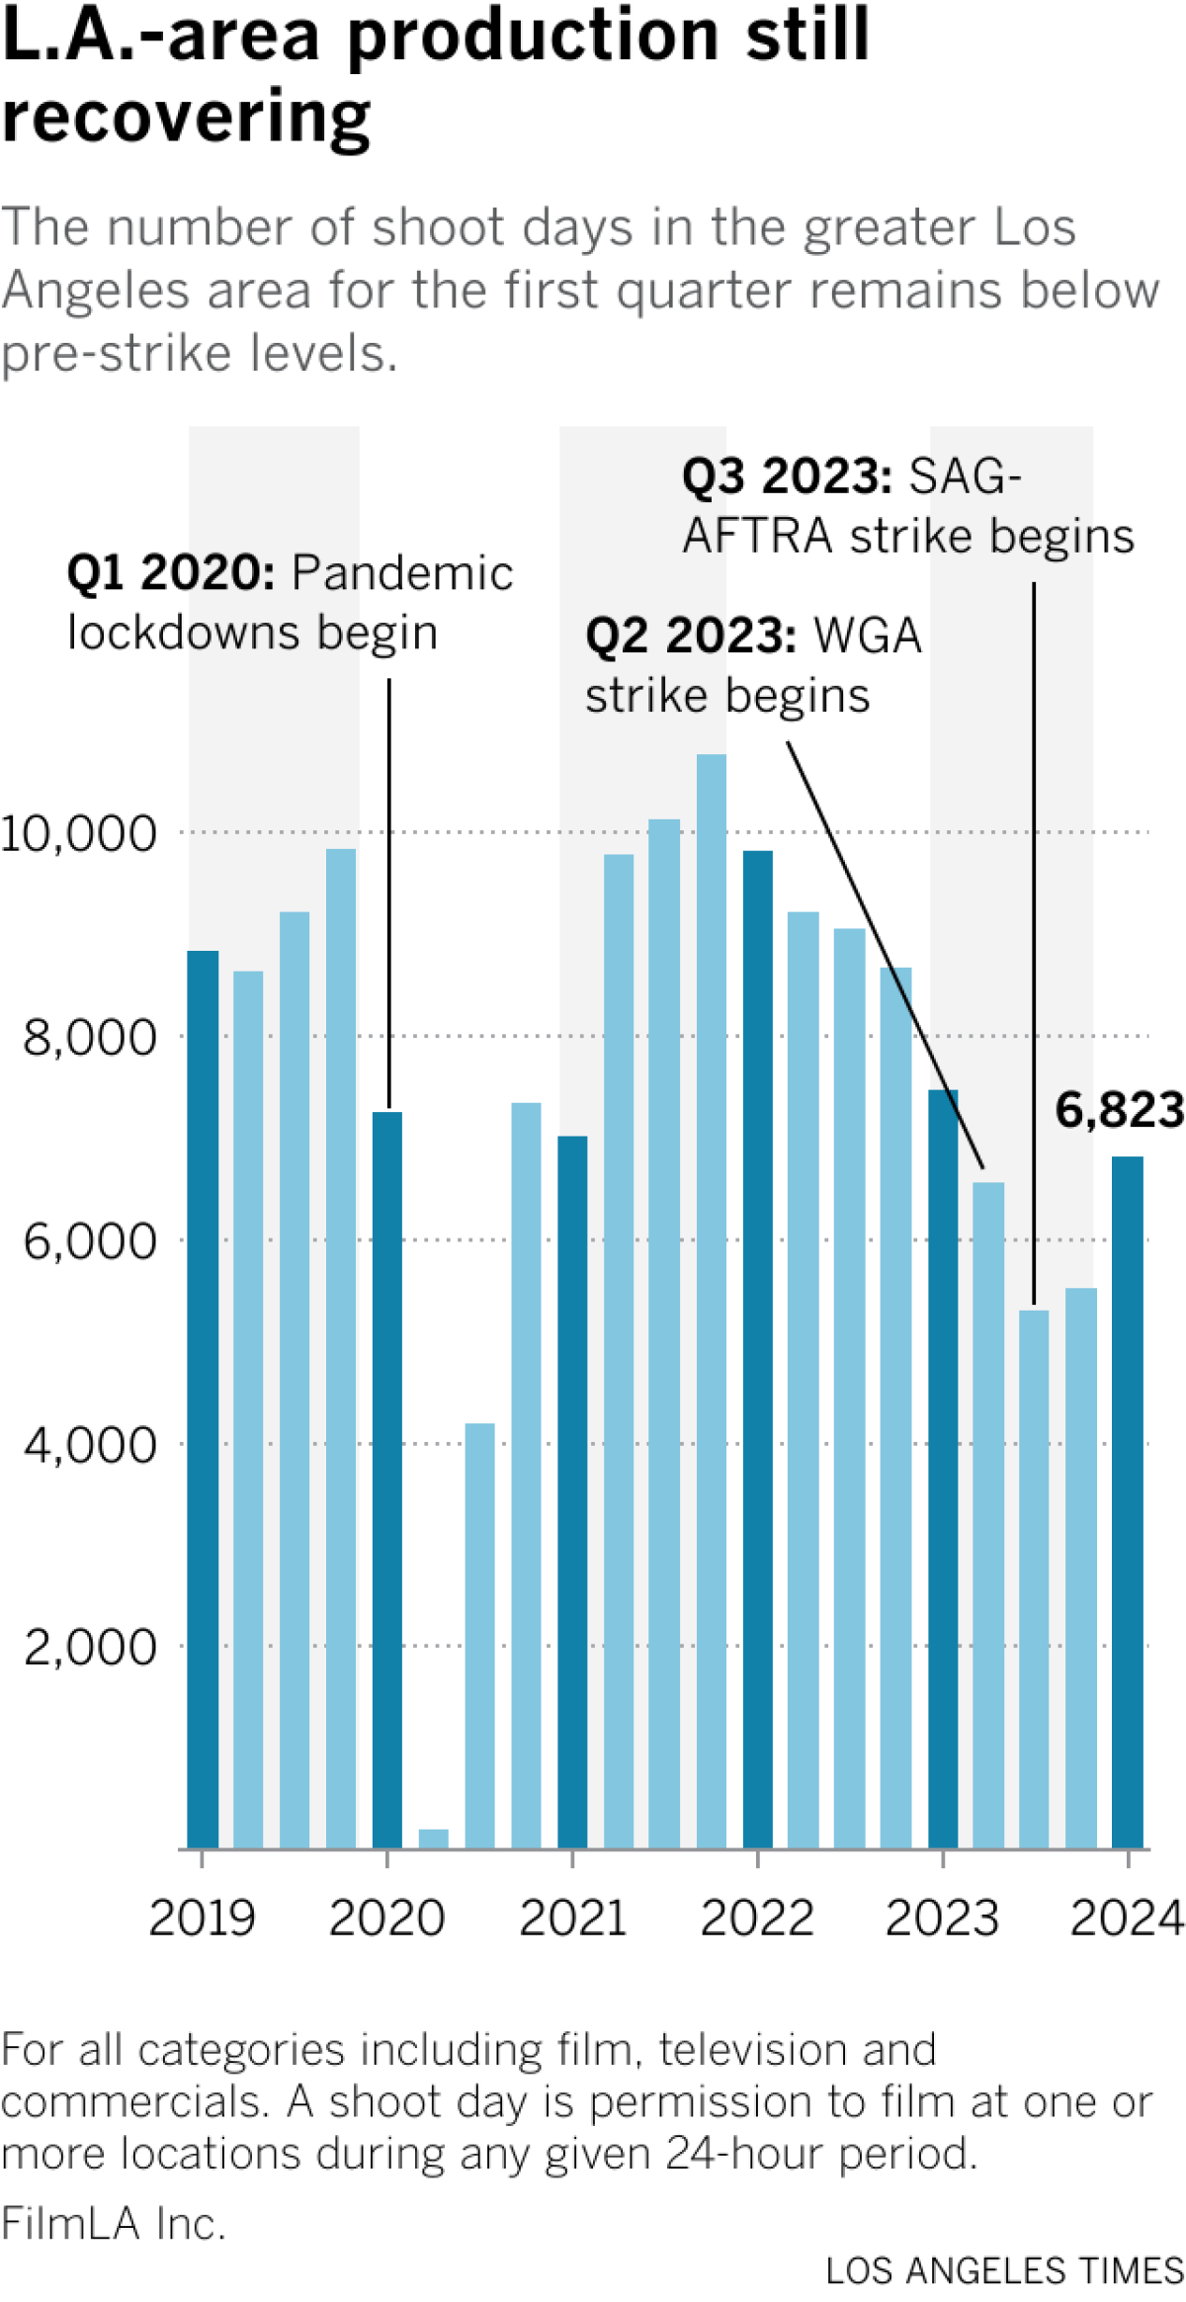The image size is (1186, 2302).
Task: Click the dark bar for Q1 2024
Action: [x=1127, y=1502]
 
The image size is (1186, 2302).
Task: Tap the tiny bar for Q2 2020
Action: [x=433, y=1838]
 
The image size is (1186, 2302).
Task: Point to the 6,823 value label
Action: [x=1119, y=1110]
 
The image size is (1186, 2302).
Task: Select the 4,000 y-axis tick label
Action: [x=90, y=1444]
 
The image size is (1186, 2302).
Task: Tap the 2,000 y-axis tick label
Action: [x=90, y=1647]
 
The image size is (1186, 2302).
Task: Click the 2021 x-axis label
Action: [x=572, y=1918]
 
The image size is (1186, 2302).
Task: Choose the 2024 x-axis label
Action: [x=1127, y=1918]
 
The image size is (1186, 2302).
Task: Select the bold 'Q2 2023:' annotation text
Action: [x=690, y=636]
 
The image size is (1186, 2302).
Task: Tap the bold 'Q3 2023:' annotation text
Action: [x=787, y=476]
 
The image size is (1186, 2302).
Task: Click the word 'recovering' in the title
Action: [x=186, y=117]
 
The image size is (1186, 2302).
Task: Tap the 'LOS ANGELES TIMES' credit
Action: [x=1004, y=2271]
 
